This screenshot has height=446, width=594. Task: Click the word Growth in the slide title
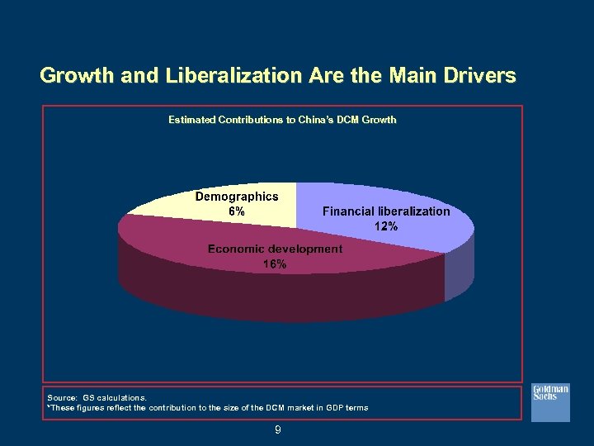tap(75, 77)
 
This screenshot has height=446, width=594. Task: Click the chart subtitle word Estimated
tap(192, 120)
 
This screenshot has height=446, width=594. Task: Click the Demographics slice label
tap(236, 197)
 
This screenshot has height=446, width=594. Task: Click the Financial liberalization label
tap(386, 211)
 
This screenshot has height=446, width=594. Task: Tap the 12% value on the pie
tap(386, 225)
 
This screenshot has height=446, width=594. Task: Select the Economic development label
tap(275, 249)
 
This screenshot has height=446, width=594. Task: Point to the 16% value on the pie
tap(275, 264)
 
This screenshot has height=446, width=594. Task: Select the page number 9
tap(278, 429)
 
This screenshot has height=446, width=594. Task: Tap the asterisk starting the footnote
tap(49, 407)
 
